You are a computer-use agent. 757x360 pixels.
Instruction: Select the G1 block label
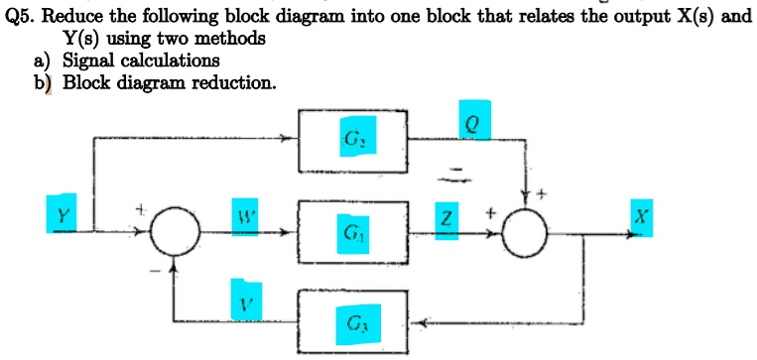coord(352,235)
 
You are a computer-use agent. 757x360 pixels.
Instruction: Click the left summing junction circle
coord(175,235)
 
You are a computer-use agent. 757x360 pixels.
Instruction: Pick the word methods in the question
coord(232,39)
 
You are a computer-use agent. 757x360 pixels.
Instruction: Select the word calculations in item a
coord(171,60)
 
